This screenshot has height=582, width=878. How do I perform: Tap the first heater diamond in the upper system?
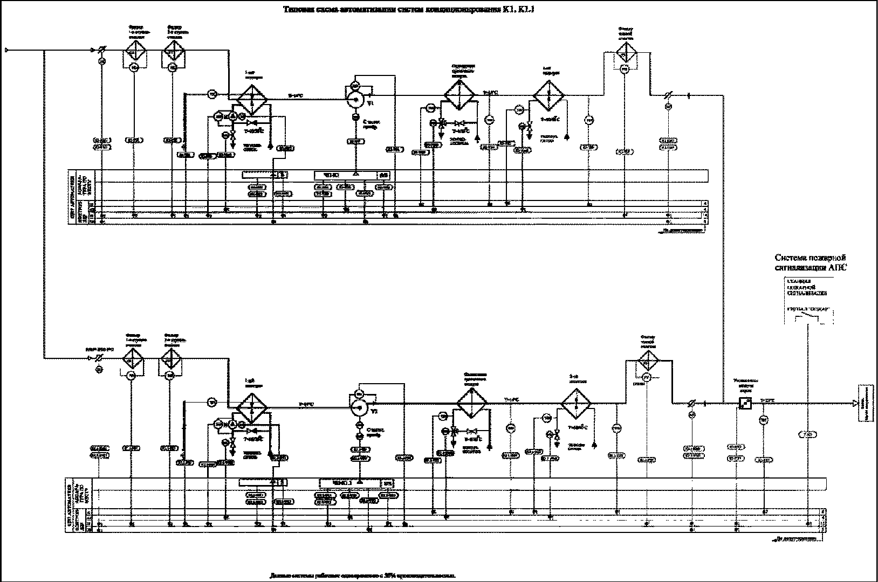(253, 98)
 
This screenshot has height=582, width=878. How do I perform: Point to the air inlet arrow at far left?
(7, 51)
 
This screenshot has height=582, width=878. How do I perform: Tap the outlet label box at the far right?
(865, 403)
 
